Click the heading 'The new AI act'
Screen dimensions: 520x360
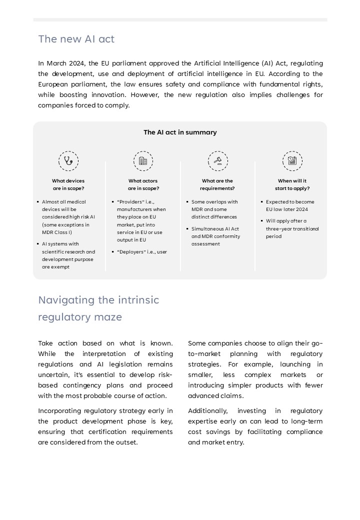pos(76,39)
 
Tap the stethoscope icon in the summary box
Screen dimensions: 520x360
pos(68,161)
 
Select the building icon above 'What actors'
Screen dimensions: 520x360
pos(143,161)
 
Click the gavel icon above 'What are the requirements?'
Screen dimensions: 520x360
pos(217,161)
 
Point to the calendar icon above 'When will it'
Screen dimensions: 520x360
pos(292,161)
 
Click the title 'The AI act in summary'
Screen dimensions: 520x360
pos(180,132)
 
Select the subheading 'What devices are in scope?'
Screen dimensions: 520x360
pos(68,184)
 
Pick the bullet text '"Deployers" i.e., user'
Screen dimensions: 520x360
pos(142,252)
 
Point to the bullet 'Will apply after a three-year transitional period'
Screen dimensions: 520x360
pos(292,228)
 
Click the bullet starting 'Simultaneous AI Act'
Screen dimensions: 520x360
pos(215,236)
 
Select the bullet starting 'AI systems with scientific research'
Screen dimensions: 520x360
pos(68,255)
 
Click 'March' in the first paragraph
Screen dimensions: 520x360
pos(56,63)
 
